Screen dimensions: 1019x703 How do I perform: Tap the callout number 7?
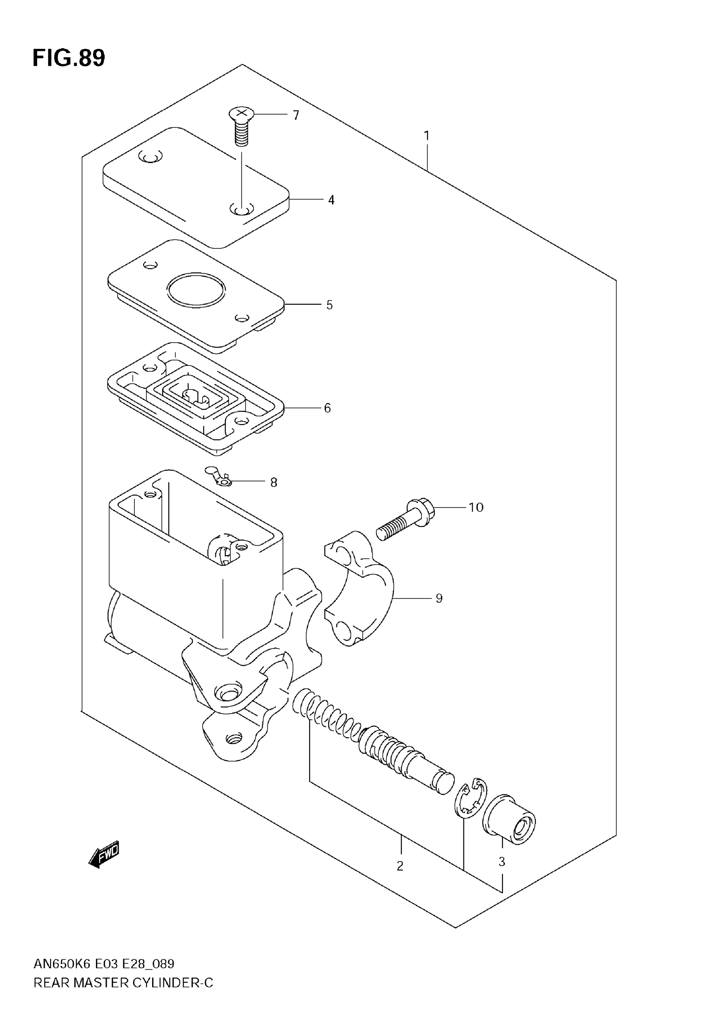click(x=296, y=115)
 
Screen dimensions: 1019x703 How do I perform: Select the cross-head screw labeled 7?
click(x=241, y=125)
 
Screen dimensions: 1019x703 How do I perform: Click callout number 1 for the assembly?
click(x=426, y=136)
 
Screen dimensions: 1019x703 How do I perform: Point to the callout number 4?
click(x=331, y=200)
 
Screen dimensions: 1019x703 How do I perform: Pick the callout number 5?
click(x=330, y=305)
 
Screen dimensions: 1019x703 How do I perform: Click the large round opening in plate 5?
click(x=196, y=290)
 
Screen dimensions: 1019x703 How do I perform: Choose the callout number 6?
click(x=327, y=408)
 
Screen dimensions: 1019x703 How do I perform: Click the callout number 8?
click(x=273, y=483)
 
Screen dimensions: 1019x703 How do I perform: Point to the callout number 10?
click(x=476, y=507)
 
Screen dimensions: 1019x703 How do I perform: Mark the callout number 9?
click(x=439, y=598)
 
